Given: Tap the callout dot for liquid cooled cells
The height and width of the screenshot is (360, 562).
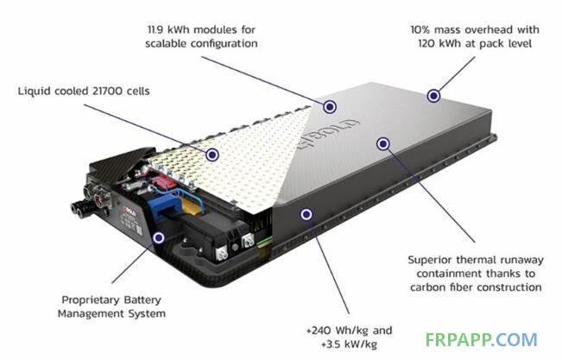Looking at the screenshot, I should click(212, 154).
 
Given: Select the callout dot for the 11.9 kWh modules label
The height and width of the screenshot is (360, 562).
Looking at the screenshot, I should click(330, 106).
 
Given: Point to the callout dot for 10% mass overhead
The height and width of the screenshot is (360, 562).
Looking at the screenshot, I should click(433, 95).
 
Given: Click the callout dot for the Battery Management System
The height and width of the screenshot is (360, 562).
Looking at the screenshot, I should click(158, 235).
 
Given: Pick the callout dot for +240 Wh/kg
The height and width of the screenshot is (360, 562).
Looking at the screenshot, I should click(305, 212).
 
